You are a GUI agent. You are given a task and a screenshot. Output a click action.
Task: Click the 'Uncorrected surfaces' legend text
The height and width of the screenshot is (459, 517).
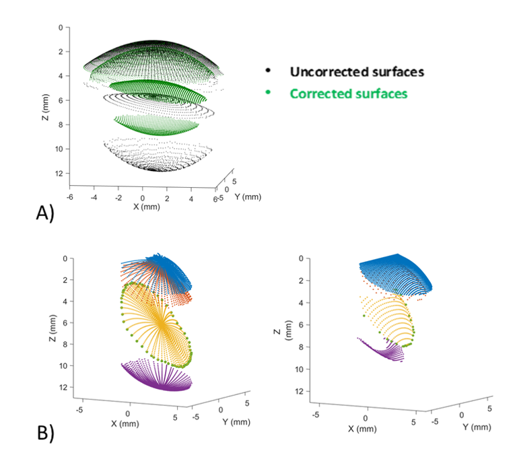coord(357,71)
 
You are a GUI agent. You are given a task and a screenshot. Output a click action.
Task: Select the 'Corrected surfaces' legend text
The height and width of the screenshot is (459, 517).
coord(349,94)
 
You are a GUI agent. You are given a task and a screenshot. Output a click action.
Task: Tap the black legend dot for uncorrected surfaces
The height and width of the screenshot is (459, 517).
coord(268,70)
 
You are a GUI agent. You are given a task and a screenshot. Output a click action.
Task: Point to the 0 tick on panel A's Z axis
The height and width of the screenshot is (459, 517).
coord(60,28)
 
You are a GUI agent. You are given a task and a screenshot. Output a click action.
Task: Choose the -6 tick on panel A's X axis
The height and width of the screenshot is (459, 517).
coord(69,198)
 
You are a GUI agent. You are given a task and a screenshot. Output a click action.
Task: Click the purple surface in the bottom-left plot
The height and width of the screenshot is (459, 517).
coord(158,377)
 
